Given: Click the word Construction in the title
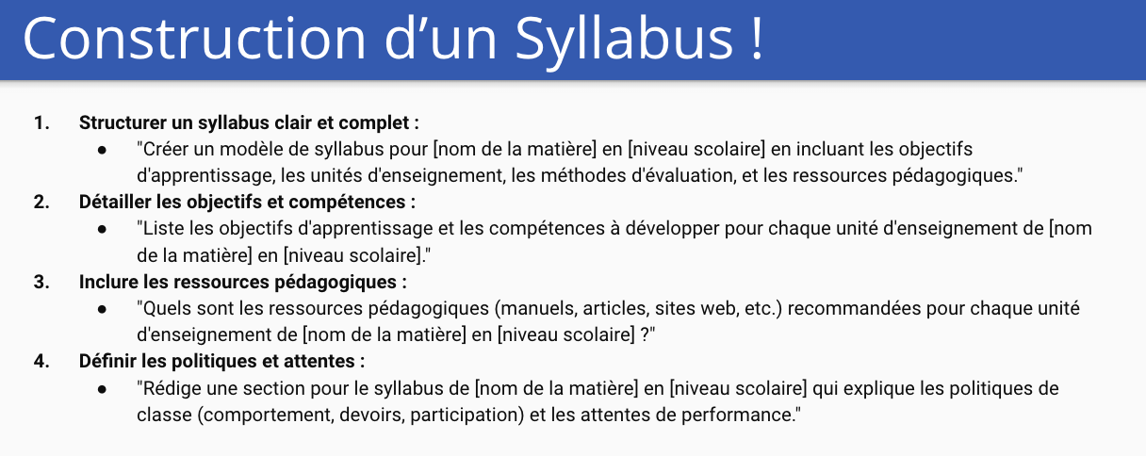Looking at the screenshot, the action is coord(194,39).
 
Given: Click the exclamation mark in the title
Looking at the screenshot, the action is coord(758,39).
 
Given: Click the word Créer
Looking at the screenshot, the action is coord(163,149).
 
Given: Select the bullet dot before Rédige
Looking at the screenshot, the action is coord(103,389).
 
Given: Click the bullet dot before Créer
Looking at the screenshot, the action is coord(103,151).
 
